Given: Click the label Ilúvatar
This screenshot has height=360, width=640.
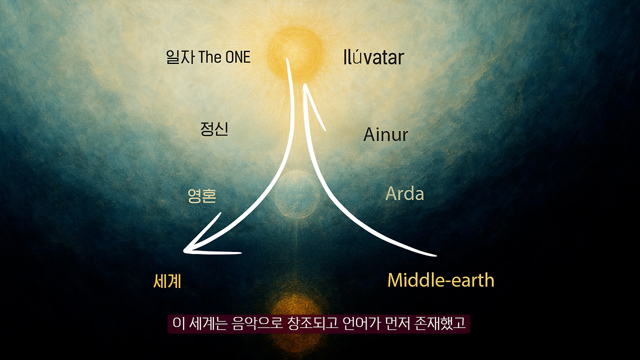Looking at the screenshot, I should [373, 58].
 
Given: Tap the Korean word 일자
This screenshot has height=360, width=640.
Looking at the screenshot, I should [180, 57].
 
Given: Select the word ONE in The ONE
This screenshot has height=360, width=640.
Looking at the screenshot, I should [237, 57].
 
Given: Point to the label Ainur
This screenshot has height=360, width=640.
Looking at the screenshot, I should [385, 134].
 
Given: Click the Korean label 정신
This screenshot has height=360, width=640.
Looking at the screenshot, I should [214, 129].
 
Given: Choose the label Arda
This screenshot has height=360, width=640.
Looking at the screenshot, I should [404, 194].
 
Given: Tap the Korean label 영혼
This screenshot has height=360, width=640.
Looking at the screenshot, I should [202, 195].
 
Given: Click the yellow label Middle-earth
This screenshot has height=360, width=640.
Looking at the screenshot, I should [440, 280].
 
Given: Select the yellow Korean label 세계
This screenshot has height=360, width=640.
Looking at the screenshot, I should [167, 281].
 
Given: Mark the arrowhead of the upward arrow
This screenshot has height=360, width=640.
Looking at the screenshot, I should [306, 90].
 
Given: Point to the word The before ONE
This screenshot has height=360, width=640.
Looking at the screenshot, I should [210, 57].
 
